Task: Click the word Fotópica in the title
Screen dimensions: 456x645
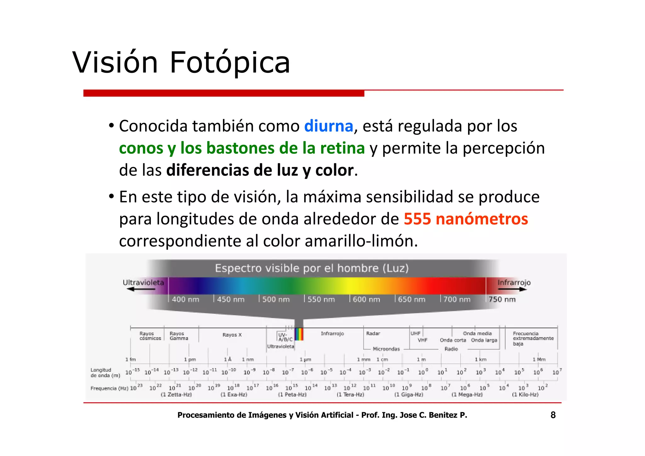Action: [230, 62]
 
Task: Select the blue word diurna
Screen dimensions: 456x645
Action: [328, 126]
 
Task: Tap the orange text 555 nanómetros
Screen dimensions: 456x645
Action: [466, 219]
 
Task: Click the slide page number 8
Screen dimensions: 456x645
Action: [553, 415]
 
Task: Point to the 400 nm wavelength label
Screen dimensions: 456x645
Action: [185, 299]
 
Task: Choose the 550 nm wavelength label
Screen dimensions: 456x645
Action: [321, 299]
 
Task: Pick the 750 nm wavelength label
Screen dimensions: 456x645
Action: [502, 299]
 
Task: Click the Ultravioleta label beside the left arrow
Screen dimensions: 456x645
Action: [143, 282]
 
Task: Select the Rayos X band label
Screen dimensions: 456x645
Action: [232, 335]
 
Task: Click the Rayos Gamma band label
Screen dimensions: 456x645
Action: [179, 336]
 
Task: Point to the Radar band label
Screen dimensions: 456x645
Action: [373, 333]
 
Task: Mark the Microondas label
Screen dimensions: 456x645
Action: [386, 349]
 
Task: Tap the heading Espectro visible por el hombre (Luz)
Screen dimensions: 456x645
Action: [312, 268]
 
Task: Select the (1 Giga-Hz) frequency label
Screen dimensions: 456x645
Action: [408, 395]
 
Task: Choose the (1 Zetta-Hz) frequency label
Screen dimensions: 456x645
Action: [176, 395]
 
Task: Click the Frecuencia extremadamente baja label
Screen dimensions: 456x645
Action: [533, 338]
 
